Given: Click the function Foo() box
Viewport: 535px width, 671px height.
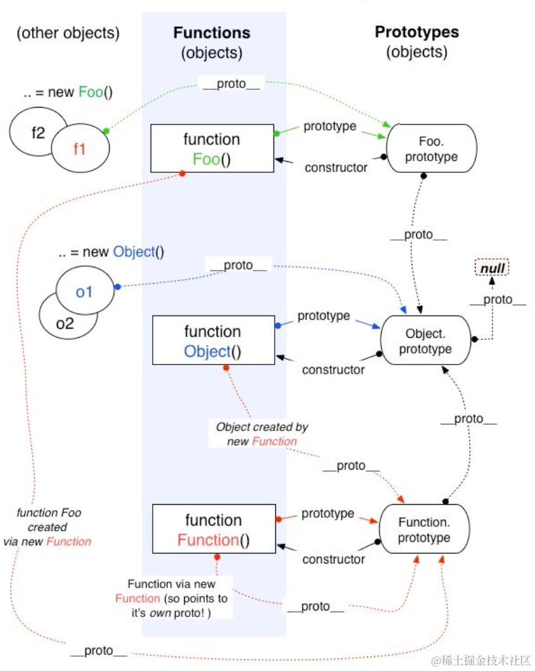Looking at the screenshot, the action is tap(212, 149).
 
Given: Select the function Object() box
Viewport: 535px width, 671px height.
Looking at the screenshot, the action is tap(213, 340).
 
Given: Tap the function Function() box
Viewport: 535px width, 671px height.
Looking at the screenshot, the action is tap(214, 529).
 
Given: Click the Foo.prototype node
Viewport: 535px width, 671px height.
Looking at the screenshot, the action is tap(431, 149).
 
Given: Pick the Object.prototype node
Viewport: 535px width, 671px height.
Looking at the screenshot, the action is tap(425, 340).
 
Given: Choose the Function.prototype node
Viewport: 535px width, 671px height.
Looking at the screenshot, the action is tap(424, 529).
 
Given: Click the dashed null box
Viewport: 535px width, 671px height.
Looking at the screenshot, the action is tap(492, 268).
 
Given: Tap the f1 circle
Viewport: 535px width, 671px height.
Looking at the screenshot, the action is tap(80, 148).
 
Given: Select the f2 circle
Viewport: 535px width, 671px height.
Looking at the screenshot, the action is tap(38, 132).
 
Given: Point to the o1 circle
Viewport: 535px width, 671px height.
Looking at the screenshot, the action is tap(85, 291).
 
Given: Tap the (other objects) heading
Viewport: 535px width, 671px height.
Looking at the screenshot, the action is tap(68, 33).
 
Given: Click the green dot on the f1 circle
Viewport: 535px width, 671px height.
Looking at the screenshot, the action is tap(106, 131).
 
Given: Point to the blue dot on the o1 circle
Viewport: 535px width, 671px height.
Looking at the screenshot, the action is tap(117, 287).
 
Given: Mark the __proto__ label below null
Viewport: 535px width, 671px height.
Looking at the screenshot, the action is tap(498, 299).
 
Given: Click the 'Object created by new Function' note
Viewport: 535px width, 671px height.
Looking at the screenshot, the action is tap(262, 434).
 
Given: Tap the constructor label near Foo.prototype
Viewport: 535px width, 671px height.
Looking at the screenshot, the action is tap(336, 168).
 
